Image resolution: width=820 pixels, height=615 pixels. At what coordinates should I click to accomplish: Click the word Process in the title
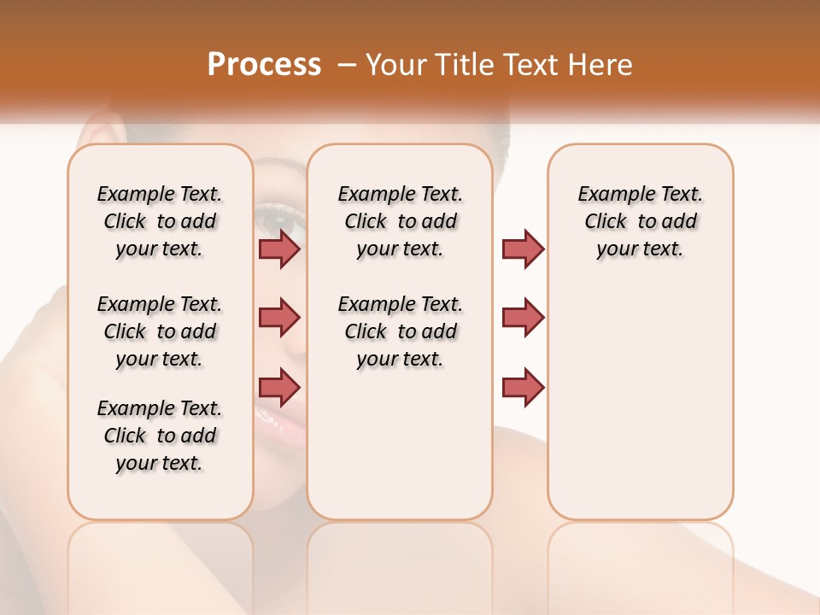[264, 65]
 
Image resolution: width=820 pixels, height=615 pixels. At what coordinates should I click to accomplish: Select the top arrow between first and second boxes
[279, 249]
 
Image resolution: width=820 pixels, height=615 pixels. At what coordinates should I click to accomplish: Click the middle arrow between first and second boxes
[279, 318]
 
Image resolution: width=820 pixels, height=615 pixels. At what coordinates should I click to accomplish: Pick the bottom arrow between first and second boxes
[279, 386]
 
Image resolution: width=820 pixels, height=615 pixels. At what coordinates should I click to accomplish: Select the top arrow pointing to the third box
[523, 249]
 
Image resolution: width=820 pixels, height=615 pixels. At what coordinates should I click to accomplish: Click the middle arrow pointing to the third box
[523, 318]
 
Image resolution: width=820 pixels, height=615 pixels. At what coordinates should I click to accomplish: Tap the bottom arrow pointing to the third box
[523, 387]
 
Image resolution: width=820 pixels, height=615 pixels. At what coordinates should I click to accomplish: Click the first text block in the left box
[160, 221]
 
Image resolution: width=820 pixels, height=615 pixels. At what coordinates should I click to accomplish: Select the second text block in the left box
[160, 331]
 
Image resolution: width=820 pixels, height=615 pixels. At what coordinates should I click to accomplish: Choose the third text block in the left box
[160, 436]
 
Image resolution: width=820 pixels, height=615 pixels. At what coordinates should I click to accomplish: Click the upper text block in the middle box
[400, 221]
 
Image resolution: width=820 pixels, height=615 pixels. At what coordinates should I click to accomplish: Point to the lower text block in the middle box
[400, 331]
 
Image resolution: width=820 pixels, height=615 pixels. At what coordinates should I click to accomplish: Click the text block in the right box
[640, 221]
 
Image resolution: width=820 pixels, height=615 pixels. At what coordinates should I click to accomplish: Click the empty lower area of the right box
[640, 410]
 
